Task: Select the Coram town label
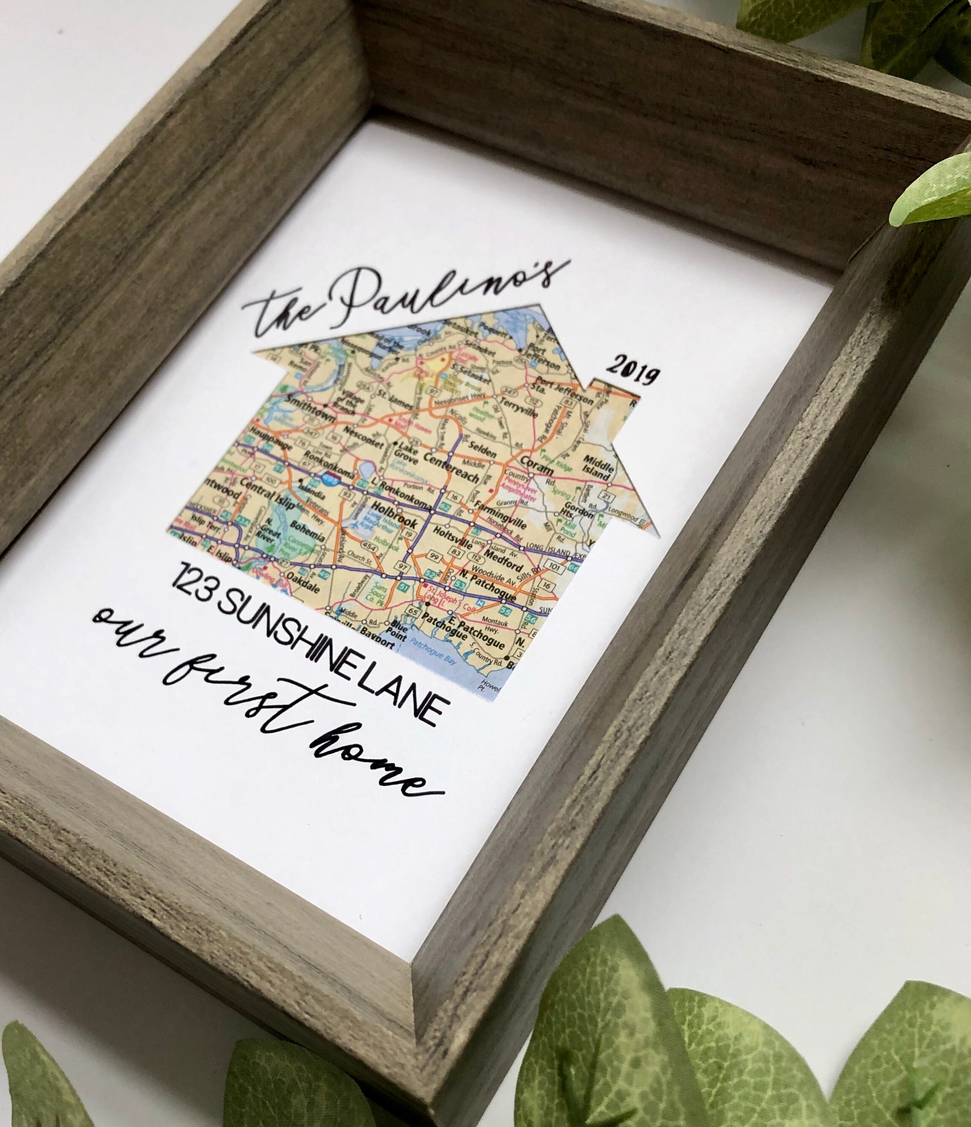click(535, 477)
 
